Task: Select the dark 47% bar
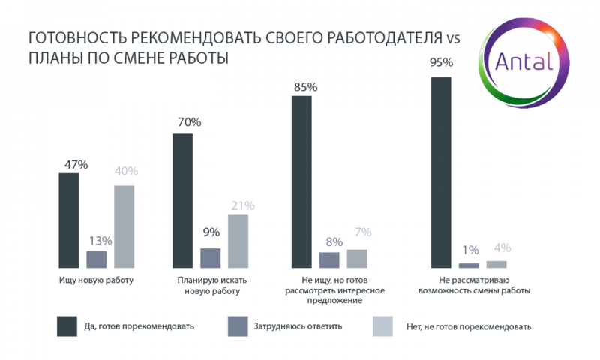(x=68, y=220)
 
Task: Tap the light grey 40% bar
(x=124, y=226)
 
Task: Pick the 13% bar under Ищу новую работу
(x=96, y=259)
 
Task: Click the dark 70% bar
(x=183, y=200)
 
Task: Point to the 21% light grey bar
(x=238, y=241)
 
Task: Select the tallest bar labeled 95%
(x=441, y=172)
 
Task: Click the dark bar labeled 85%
(x=301, y=181)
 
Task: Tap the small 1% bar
(x=468, y=265)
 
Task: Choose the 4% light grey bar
(x=496, y=263)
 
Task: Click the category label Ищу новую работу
(x=96, y=280)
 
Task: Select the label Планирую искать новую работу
(x=210, y=285)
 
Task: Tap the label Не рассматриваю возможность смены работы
(x=469, y=285)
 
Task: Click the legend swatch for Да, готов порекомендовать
(x=67, y=325)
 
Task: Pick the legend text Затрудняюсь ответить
(x=298, y=325)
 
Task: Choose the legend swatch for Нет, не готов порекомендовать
(x=382, y=325)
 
